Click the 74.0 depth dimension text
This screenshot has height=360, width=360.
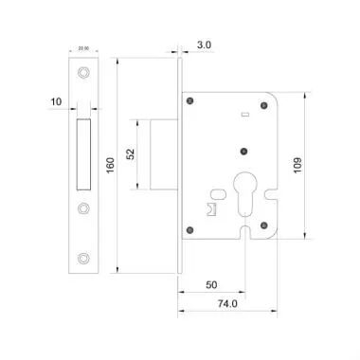(x=226, y=305)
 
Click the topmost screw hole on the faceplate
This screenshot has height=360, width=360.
(x=83, y=73)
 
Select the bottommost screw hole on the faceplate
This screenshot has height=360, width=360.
(x=83, y=257)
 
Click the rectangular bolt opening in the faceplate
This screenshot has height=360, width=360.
(x=83, y=154)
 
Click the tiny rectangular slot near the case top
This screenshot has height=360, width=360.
(x=244, y=115)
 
